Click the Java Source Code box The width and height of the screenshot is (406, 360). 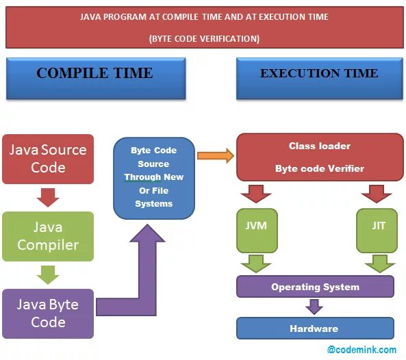point(48,159)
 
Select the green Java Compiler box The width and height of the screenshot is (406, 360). point(48,236)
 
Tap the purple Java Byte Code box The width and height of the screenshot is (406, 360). point(48,313)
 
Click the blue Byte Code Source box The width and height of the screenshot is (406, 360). point(153,177)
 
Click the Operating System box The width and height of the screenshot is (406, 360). point(315,287)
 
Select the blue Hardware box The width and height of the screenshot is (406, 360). point(315,329)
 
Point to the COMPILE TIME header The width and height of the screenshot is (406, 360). point(95,74)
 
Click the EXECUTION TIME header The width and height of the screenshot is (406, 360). point(318,74)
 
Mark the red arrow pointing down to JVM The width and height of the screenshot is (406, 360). point(257,194)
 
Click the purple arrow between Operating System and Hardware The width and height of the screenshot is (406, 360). point(314,307)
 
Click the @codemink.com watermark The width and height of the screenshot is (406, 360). point(361,350)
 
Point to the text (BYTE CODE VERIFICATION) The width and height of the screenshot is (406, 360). point(204,39)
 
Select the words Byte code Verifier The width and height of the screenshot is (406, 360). point(320,168)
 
